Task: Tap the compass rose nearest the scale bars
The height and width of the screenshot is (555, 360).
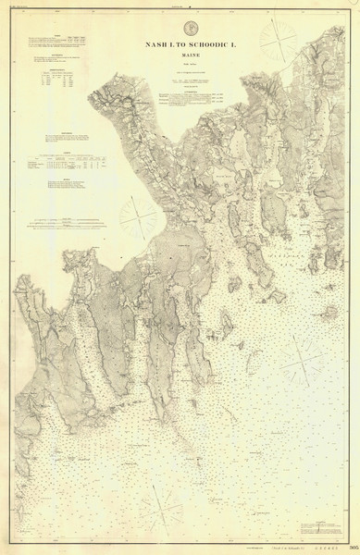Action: pyautogui.click(x=139, y=217)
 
